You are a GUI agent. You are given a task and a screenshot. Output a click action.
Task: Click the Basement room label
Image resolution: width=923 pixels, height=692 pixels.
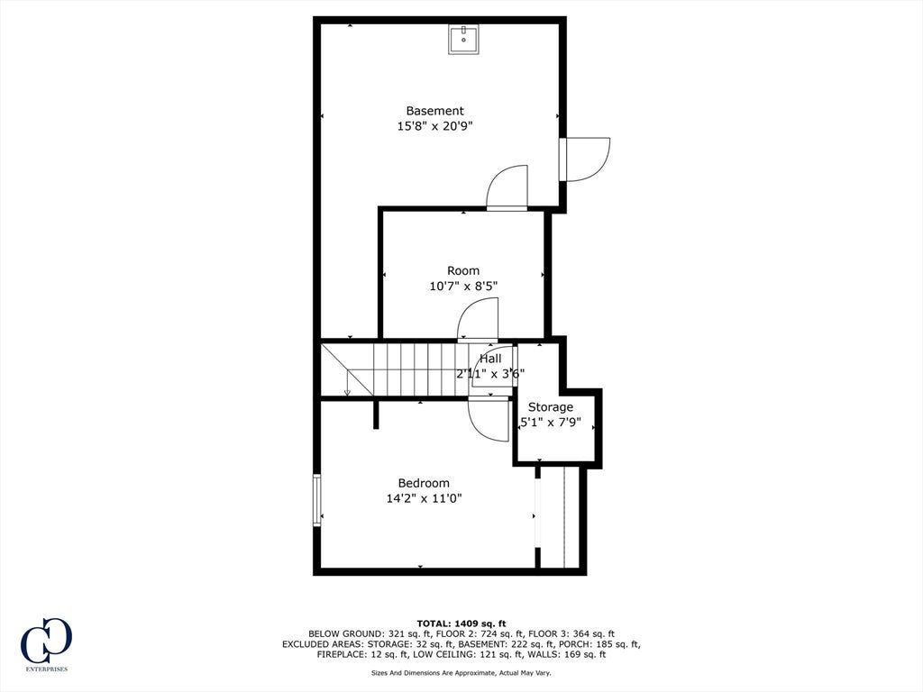(435, 111)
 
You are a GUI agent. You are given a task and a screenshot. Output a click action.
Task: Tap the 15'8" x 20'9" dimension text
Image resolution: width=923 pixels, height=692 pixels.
(435, 126)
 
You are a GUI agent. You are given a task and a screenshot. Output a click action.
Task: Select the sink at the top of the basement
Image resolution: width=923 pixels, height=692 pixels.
(464, 40)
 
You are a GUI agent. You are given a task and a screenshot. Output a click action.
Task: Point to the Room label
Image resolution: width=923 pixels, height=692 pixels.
(463, 270)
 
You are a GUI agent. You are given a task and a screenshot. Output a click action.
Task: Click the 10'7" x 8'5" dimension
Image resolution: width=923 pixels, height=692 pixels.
(463, 287)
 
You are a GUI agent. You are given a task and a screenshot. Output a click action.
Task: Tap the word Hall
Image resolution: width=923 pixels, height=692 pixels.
(490, 359)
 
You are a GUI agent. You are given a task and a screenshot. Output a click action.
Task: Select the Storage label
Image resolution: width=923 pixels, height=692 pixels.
(551, 406)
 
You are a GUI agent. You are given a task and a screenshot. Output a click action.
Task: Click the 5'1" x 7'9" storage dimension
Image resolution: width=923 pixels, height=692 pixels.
(551, 422)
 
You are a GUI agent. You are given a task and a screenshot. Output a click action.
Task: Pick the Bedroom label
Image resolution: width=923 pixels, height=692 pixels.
(424, 483)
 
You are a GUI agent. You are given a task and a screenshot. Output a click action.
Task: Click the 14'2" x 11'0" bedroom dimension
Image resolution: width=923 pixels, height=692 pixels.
(424, 498)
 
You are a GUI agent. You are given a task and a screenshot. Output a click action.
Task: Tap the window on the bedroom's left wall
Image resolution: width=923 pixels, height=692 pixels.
(317, 499)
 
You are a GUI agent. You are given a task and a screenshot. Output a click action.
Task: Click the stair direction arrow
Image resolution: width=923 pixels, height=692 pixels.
(347, 383)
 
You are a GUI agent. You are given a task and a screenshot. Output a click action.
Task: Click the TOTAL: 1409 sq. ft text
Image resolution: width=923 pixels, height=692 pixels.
(461, 624)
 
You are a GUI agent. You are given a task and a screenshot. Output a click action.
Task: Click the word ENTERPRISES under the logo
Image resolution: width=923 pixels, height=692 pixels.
(47, 669)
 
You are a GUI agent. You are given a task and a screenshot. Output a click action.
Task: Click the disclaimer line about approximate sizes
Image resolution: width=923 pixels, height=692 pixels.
(461, 672)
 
